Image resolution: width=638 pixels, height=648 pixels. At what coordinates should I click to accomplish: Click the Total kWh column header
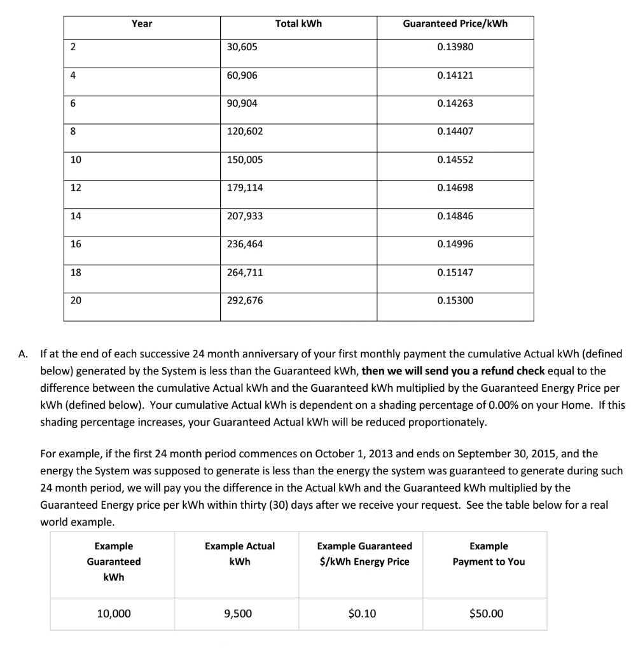(298, 24)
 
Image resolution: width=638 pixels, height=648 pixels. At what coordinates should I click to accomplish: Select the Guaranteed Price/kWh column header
(455, 24)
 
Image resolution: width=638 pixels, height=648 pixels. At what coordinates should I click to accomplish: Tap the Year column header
(142, 24)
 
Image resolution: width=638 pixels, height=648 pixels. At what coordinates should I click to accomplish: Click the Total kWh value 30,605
(242, 47)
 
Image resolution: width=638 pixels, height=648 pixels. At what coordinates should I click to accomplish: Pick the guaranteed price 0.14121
(455, 75)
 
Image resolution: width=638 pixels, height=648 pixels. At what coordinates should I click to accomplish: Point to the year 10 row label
(76, 160)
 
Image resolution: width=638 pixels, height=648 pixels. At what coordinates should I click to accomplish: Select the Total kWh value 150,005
(245, 160)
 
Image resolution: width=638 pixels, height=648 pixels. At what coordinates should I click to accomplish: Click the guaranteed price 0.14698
(455, 188)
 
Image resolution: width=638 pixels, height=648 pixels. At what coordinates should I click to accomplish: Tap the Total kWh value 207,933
(245, 216)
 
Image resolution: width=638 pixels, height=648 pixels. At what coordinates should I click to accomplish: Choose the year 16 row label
(76, 244)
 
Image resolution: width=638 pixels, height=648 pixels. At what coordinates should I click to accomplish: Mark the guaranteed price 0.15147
(455, 272)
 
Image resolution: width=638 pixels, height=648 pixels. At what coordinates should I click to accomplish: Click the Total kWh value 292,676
(245, 300)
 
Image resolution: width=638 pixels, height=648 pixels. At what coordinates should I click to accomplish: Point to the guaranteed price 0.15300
(455, 300)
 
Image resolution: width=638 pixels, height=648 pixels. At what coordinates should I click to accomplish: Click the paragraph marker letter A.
(24, 354)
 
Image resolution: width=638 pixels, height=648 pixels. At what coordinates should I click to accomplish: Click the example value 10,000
(113, 614)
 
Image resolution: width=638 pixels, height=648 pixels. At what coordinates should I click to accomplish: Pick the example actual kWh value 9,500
(238, 614)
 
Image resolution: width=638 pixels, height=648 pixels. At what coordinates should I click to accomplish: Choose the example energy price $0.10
(362, 614)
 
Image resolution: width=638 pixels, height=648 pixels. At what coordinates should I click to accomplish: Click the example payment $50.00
(486, 614)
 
